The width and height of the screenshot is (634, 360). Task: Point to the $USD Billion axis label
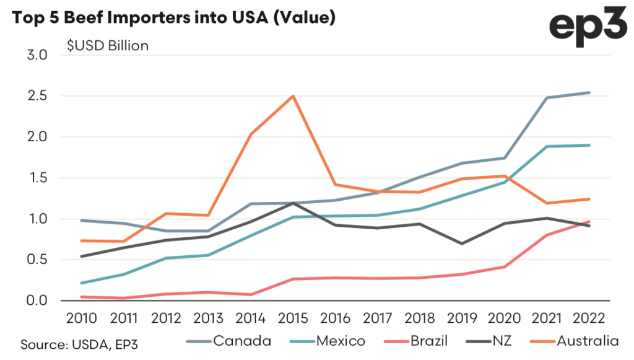(x=108, y=46)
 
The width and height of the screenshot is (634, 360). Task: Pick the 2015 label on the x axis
(x=293, y=318)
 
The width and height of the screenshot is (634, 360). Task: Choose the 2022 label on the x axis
(x=589, y=318)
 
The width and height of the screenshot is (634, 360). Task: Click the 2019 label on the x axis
(x=462, y=318)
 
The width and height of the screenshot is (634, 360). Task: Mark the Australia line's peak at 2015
(x=293, y=96)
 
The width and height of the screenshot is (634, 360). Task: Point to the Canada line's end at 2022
(x=589, y=93)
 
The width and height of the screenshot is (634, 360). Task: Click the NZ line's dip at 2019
(x=462, y=244)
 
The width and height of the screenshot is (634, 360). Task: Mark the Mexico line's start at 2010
(x=82, y=283)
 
